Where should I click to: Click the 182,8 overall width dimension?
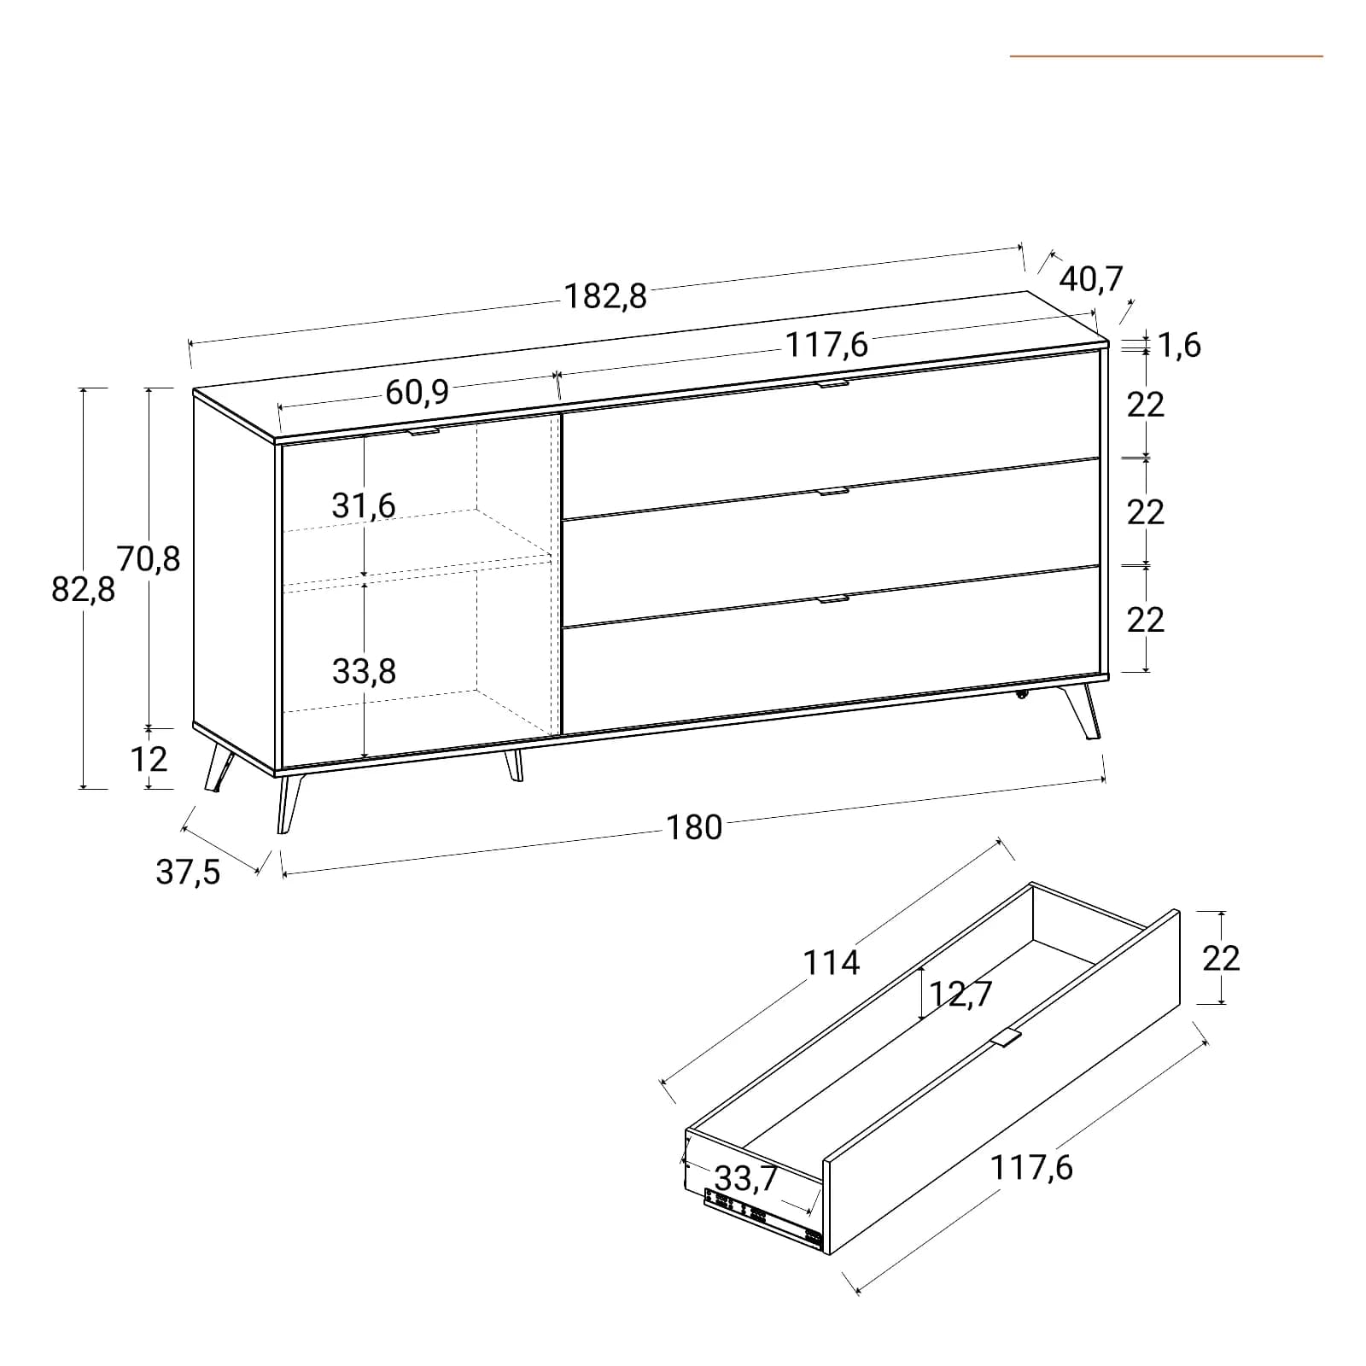coord(605,295)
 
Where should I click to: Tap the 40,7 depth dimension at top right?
coord(1092,279)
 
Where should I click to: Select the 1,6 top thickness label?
coord(1180,345)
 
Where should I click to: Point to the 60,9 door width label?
coord(417,392)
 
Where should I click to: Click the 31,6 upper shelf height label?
coord(364,505)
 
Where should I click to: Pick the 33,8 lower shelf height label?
coord(364,672)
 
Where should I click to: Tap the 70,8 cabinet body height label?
coord(149,558)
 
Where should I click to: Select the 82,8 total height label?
coord(83,589)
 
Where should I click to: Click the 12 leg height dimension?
coord(149,759)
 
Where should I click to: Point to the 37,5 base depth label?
coord(188,872)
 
